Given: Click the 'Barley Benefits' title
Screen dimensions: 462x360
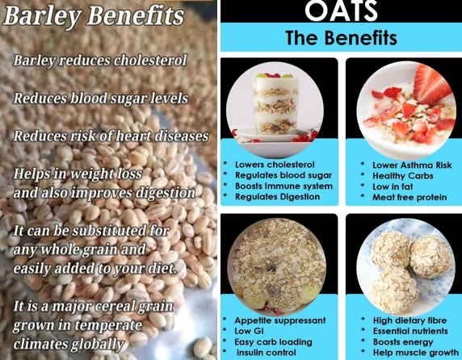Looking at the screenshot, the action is pos(94,16).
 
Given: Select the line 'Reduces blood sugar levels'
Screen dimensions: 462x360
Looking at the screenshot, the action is pos(100,98).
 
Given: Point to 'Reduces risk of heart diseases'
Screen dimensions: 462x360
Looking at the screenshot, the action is pos(111,136).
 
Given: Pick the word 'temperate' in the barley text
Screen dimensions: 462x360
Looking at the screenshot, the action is pos(108,325).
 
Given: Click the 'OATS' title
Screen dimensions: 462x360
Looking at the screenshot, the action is pos(341,10).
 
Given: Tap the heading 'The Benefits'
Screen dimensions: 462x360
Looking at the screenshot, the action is pos(341,38).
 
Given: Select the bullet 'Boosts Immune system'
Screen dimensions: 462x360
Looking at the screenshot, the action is pos(283,186).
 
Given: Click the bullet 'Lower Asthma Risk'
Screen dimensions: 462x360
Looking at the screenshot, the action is pos(412,165).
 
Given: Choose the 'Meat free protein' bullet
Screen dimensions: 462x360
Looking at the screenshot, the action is pos(409,197).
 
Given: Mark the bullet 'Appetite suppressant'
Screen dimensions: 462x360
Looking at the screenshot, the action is pos(280,320).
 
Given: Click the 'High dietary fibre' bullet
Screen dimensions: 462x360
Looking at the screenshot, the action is pos(409,320).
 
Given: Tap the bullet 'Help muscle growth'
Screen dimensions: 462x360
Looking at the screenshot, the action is pos(416,353).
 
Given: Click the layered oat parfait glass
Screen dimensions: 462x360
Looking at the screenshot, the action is pos(275,103).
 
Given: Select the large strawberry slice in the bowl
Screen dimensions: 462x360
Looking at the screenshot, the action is pos(430,85).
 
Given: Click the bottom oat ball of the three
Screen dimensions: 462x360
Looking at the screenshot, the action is pos(394,290).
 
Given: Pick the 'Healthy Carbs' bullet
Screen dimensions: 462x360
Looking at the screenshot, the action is pos(403,176).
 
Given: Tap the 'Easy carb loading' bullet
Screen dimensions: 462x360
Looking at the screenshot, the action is pos(273,342).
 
